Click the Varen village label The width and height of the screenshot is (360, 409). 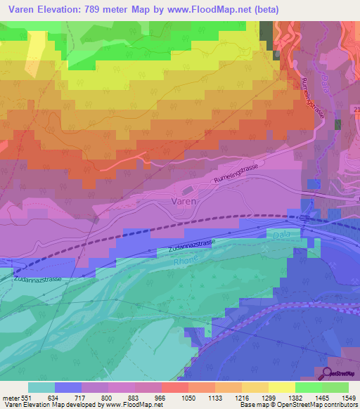184,201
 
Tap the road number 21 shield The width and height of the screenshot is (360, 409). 356,109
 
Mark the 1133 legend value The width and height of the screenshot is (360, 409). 214,397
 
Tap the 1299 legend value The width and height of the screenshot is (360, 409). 268,397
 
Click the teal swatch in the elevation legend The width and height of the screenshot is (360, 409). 41,387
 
